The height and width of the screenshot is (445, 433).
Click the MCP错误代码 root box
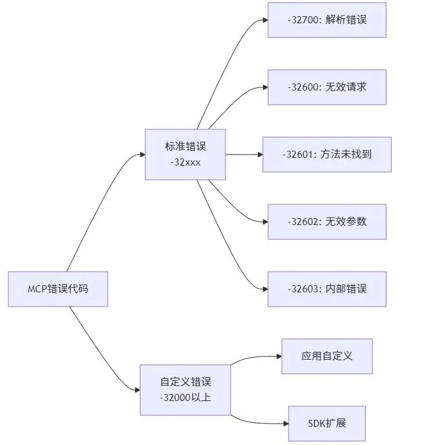58,288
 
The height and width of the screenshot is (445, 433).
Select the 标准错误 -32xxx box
185,154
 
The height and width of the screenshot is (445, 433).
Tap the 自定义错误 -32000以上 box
185,389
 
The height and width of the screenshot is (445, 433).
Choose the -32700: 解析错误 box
327,20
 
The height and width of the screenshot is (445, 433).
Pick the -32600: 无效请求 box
327,87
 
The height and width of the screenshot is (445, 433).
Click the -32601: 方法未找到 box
327,155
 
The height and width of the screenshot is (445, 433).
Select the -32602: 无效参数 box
327,221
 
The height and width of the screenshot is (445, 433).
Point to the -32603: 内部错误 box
327,288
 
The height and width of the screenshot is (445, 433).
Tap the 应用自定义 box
327,356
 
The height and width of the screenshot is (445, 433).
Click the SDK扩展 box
327,424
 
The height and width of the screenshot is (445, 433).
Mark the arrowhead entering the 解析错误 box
264,20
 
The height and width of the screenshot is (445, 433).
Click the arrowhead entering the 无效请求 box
264,87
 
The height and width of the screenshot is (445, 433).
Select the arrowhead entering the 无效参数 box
264,221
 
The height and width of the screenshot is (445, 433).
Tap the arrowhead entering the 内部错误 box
264,288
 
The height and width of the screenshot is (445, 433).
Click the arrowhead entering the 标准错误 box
142,154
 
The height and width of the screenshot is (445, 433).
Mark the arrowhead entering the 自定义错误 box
136,389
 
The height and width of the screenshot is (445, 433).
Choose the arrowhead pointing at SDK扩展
285,424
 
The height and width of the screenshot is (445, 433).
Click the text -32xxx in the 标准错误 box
185,162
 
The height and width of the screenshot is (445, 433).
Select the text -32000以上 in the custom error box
185,397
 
